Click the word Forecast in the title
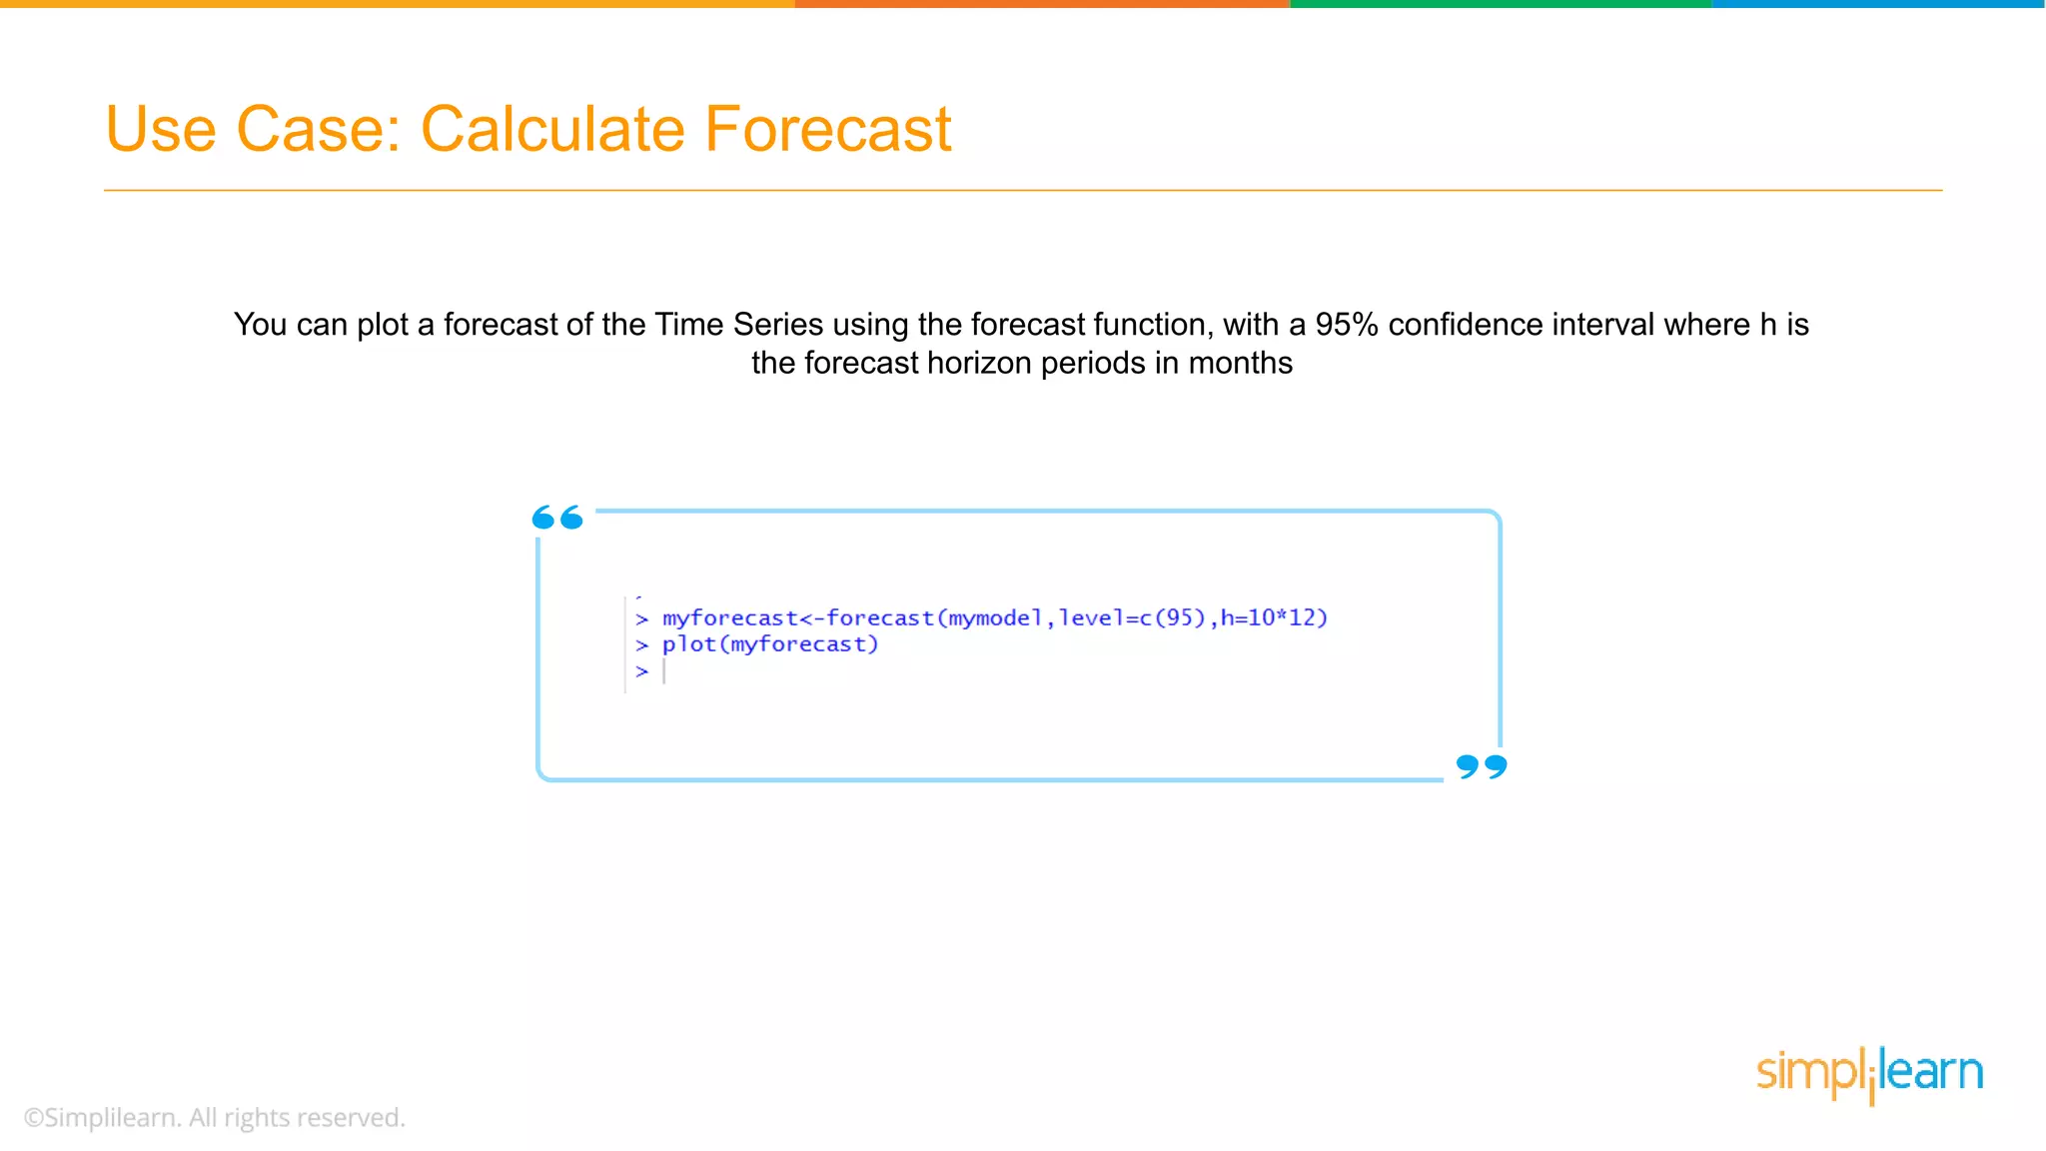coord(827,130)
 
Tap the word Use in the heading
coord(160,130)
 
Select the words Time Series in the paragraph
coord(738,325)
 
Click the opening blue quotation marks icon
coord(557,518)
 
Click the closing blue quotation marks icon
coord(1482,766)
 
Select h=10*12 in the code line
coord(1273,618)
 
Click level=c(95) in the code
coord(1132,618)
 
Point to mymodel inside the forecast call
coord(994,618)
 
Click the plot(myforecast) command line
coord(769,644)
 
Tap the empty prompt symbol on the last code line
coord(642,671)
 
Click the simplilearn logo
coord(1869,1074)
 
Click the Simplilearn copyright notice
coord(215,1117)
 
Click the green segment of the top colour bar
coord(1501,4)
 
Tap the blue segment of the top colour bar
coord(1878,4)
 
